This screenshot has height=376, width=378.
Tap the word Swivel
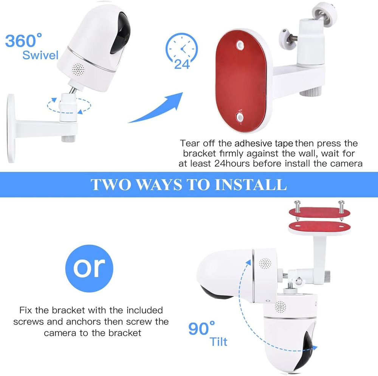click(40, 55)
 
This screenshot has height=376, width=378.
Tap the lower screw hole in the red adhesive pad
click(239, 119)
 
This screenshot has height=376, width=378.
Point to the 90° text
click(202, 328)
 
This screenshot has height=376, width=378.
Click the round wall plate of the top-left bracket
click(11, 128)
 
